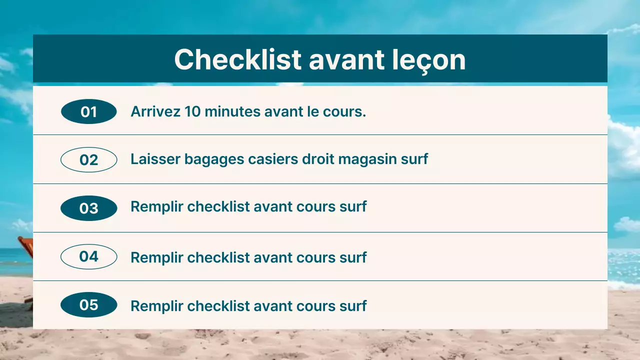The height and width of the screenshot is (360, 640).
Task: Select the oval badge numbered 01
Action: coord(88,111)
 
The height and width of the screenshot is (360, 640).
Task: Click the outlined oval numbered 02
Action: coord(88,160)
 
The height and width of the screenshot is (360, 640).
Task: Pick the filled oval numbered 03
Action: coord(88,208)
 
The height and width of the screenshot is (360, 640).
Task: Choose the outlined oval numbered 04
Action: coord(88,256)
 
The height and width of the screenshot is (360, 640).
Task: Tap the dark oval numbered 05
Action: coord(88,305)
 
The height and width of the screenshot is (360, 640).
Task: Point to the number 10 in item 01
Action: coord(191,111)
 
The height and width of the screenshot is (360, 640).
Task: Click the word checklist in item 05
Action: coord(218,306)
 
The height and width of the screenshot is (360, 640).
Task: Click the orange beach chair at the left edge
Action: coord(25,247)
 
